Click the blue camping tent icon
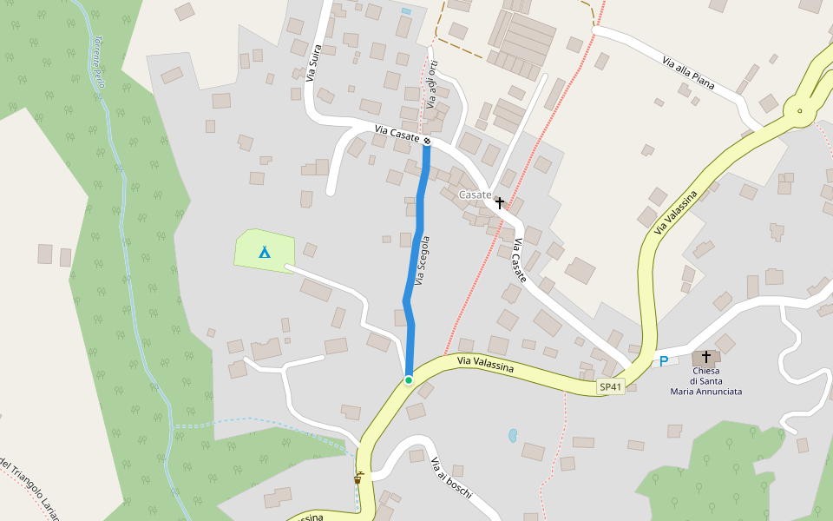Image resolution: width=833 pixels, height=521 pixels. click(264, 252)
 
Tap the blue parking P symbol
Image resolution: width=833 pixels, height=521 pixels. click(664, 361)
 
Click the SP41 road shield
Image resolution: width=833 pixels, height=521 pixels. click(611, 387)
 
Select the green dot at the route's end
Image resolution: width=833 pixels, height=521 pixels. click(408, 380)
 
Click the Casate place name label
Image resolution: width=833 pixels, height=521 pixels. click(475, 195)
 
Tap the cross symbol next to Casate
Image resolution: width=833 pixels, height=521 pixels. click(499, 202)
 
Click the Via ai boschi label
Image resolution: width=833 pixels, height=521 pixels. click(451, 477)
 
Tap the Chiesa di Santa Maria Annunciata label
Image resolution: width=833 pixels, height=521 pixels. click(705, 381)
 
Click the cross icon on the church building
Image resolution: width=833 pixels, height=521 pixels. click(705, 357)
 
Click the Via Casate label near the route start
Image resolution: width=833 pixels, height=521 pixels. click(397, 134)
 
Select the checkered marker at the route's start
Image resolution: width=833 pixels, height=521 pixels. click(427, 139)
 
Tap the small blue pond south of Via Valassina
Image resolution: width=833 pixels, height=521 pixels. click(513, 433)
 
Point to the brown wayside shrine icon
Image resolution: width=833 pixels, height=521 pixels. click(357, 477)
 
